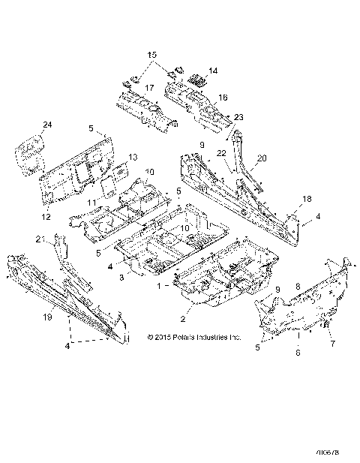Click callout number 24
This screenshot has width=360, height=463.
point(48,125)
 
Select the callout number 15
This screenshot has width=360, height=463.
point(151,55)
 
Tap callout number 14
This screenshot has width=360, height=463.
point(212,71)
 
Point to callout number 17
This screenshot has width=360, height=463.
point(149,89)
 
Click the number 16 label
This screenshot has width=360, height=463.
point(223,98)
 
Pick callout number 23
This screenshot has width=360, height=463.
point(238,117)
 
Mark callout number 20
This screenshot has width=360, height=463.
point(262,158)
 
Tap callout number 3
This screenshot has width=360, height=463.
point(123,278)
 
